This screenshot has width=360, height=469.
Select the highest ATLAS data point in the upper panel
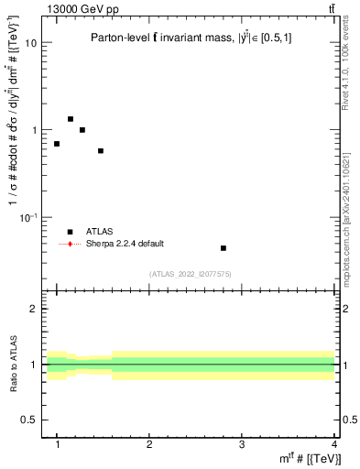coord(71,119)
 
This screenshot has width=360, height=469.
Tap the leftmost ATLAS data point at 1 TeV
coord(57,144)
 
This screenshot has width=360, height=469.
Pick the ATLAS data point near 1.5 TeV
coord(101,151)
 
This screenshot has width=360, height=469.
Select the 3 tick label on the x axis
coord(241,444)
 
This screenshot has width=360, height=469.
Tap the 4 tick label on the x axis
coord(333,444)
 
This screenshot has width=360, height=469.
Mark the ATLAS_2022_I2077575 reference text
coord(191,274)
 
